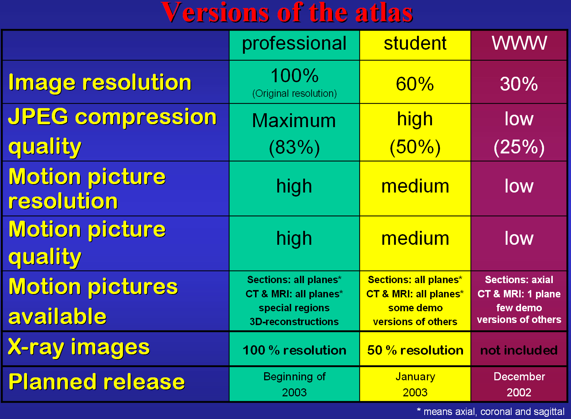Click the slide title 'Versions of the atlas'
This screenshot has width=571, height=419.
coord(287,12)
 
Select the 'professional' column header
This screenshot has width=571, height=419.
coord(294,44)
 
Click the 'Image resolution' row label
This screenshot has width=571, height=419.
coord(100,83)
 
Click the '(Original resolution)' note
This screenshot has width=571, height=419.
coord(294,94)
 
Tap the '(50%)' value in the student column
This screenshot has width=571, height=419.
coord(415,147)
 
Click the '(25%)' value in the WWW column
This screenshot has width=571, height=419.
coord(519,147)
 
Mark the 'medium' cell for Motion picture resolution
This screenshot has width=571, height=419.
coord(415,186)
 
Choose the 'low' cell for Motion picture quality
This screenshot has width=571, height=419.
coord(519,238)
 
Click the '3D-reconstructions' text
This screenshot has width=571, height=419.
coord(294,322)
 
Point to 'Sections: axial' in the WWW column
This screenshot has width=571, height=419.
coord(519,280)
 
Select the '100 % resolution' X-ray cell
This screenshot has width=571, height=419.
coord(294,350)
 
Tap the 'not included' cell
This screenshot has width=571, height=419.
coord(519,350)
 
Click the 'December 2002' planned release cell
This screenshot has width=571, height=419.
coord(519,384)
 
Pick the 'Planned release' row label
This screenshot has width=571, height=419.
coord(96,382)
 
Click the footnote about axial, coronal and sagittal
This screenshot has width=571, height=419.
coord(491,411)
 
